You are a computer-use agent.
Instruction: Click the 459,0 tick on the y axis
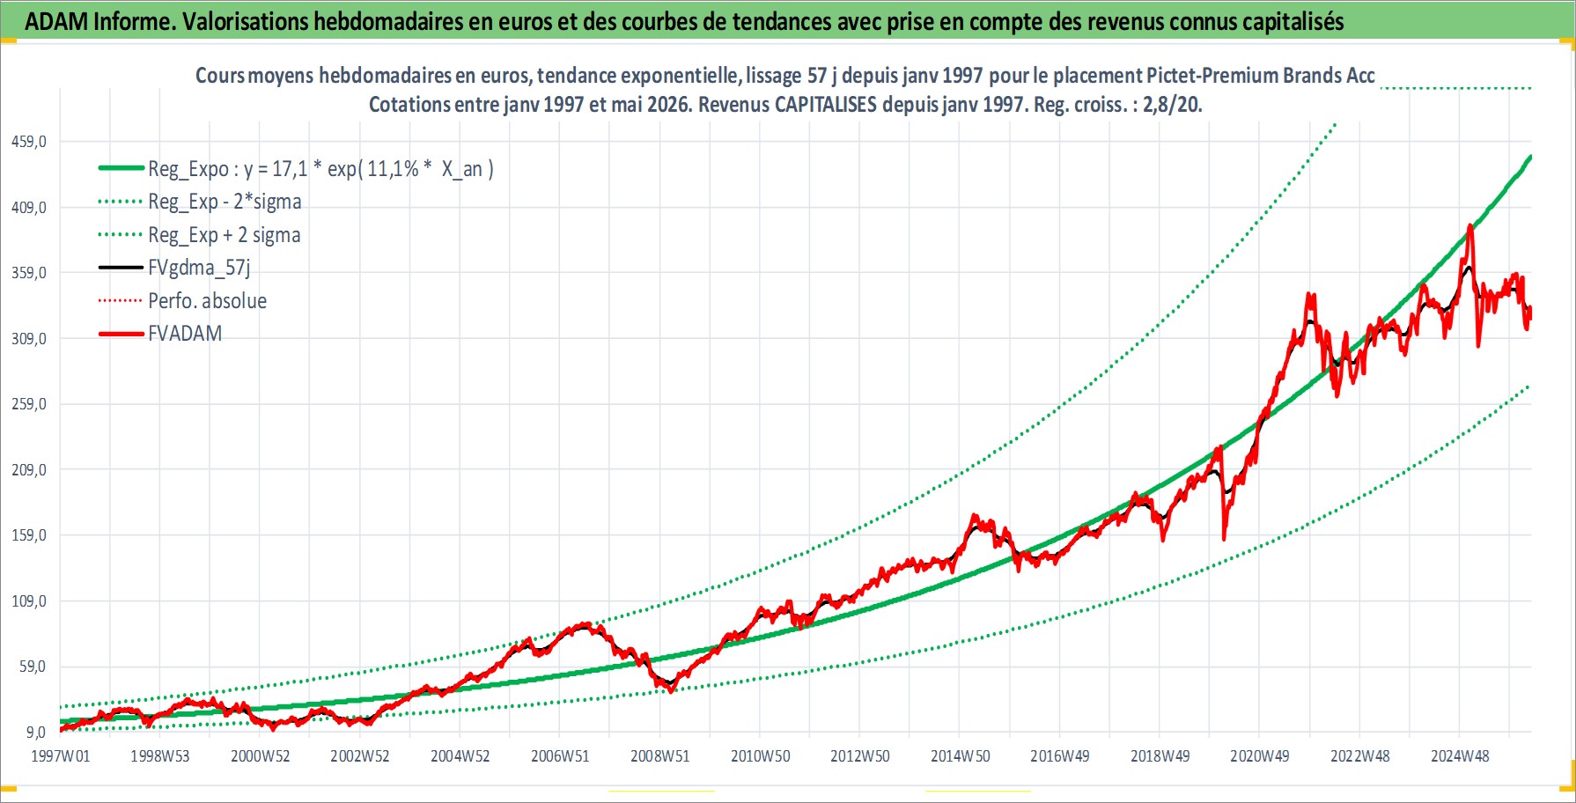pyautogui.click(x=28, y=142)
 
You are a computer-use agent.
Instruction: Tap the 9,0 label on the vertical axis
pyautogui.click(x=35, y=732)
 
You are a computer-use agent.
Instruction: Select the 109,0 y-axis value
pyautogui.click(x=28, y=601)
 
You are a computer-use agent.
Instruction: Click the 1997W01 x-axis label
pyautogui.click(x=61, y=756)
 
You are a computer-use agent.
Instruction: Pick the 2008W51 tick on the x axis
pyautogui.click(x=660, y=756)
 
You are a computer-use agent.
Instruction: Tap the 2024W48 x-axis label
pyautogui.click(x=1460, y=756)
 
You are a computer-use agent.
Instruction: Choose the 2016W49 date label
pyautogui.click(x=1060, y=756)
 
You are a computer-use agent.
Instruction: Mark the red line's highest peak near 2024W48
pyautogui.click(x=1470, y=225)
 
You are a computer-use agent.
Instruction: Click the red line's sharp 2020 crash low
pyautogui.click(x=1224, y=538)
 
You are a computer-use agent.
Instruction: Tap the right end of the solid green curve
pyautogui.click(x=1531, y=157)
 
